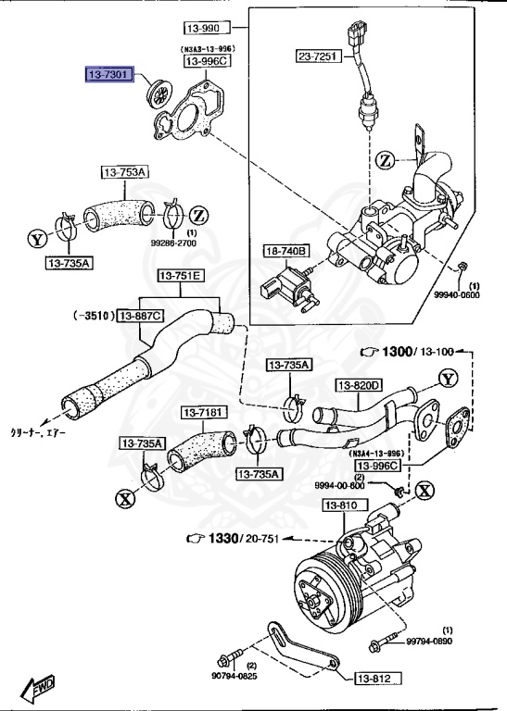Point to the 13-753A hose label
pos(125,172)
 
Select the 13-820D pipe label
pos(359,385)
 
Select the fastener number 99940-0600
pos(457,295)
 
